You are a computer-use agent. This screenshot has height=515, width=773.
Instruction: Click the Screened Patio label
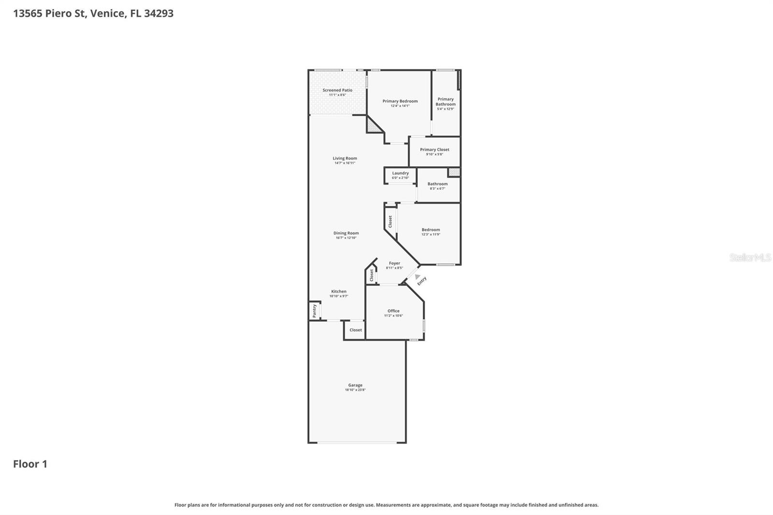coord(337,90)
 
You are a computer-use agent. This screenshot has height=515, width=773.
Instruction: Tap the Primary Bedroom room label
coord(400,101)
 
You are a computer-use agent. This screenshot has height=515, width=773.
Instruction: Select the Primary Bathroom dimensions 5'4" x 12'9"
coord(445,109)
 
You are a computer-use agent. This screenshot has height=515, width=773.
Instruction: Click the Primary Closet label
coord(434,150)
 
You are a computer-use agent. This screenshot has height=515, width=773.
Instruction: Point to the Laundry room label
coord(400,173)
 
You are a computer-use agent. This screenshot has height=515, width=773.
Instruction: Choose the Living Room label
coord(344,158)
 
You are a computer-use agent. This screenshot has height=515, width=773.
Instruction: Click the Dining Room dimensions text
coord(346,238)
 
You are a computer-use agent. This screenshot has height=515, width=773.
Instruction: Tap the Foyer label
coord(394,263)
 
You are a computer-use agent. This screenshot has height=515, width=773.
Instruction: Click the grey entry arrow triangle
coord(417,277)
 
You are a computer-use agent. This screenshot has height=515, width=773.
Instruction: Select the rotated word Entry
coord(422,281)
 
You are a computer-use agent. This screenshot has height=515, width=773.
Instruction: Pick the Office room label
coord(393,311)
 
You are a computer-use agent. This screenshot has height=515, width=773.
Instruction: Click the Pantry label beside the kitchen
coord(315,310)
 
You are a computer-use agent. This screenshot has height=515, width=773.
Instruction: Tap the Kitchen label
coord(339,291)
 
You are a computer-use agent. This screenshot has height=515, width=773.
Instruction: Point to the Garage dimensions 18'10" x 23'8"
coord(355,390)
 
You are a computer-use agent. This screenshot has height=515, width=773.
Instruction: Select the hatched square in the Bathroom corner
coord(454,172)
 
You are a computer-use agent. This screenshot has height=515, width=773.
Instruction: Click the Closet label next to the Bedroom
coord(390,221)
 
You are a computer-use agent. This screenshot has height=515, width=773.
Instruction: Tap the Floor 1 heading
coord(30,464)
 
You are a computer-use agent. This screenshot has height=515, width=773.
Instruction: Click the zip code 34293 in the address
coord(158,14)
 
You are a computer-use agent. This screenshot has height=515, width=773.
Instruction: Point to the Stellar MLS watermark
coord(750,258)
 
